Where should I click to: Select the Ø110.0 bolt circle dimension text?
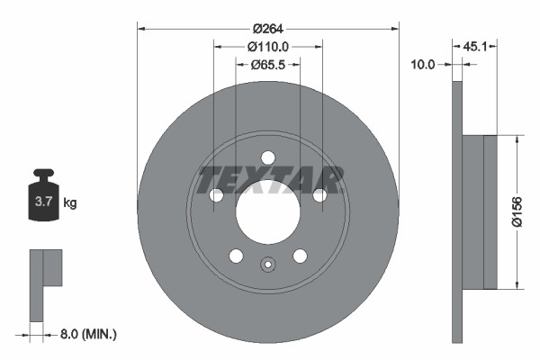point(267,46)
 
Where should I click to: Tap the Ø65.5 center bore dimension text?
point(267,64)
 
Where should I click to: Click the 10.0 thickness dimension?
point(422,64)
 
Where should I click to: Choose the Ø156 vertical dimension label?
point(529,212)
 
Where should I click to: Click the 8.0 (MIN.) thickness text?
point(86,334)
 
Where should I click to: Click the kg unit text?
point(70,203)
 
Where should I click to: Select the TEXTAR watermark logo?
point(270,180)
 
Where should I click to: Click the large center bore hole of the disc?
point(267,212)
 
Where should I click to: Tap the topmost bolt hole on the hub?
point(267,158)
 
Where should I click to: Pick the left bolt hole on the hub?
point(216,195)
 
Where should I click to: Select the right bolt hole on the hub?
point(319,195)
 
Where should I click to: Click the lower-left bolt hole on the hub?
point(236,256)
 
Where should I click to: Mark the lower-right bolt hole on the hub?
point(299,256)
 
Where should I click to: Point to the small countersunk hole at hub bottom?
point(267,265)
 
